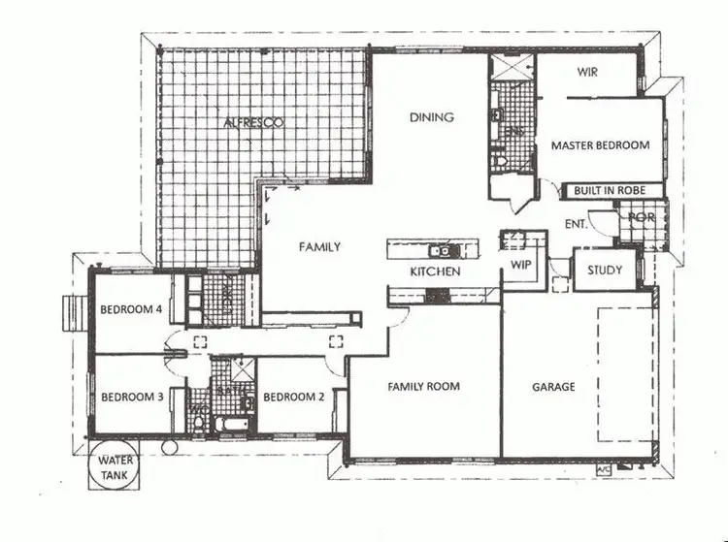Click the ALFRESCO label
[x=252, y=123]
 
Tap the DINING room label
[x=432, y=118]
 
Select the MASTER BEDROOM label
[x=600, y=145]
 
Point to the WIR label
[x=586, y=72]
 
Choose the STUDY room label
[x=605, y=271]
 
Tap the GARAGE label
[x=553, y=386]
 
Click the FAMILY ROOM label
[x=423, y=386]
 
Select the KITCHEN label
[x=434, y=271]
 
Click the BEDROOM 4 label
[x=129, y=310]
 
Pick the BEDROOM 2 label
[x=291, y=397]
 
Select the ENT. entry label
[x=575, y=225]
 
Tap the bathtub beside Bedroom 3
[x=230, y=425]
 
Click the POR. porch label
[x=642, y=217]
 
